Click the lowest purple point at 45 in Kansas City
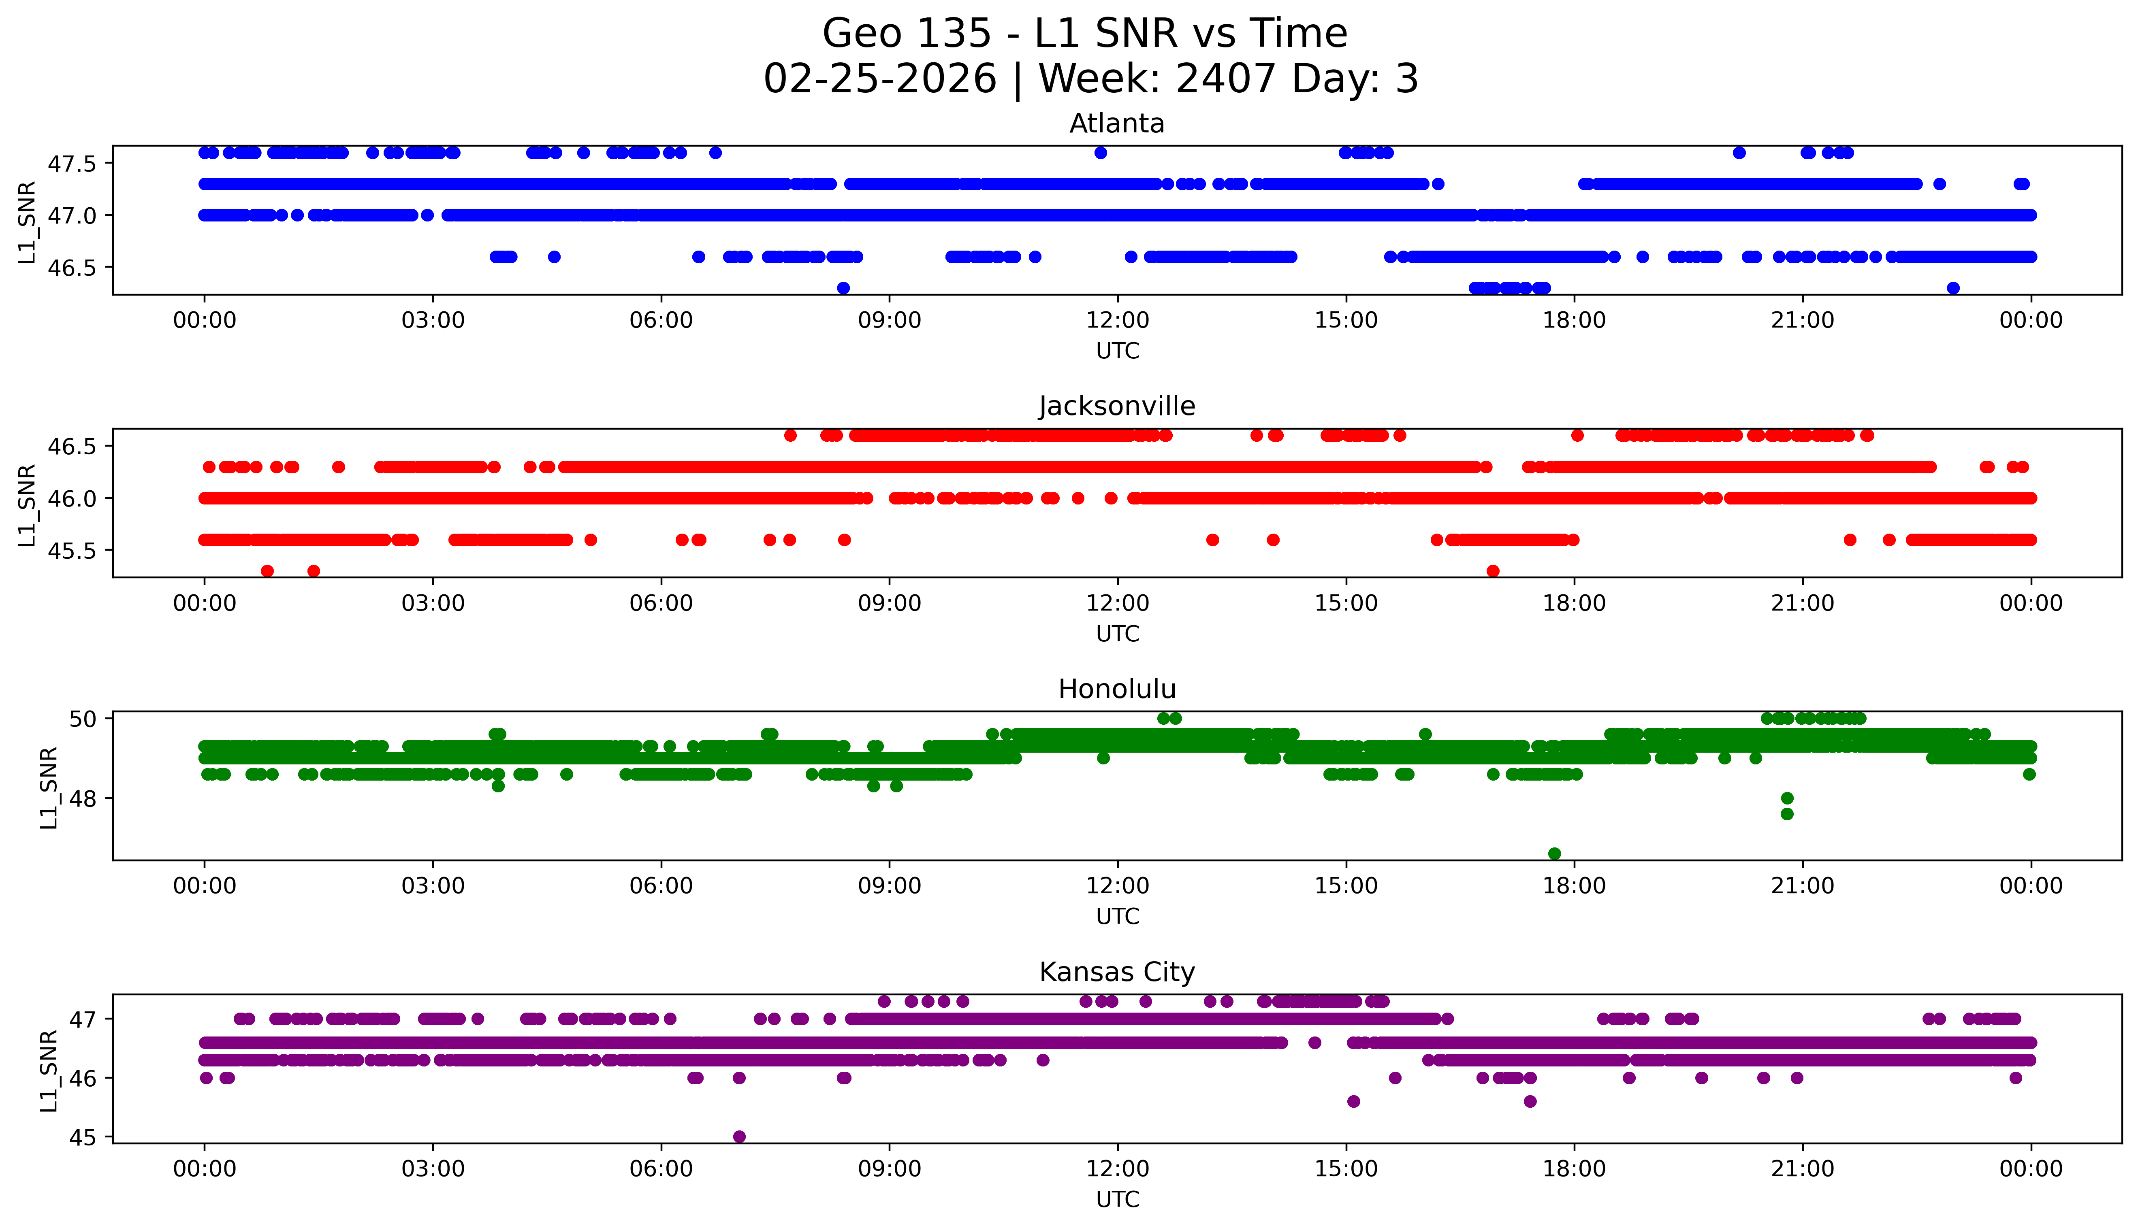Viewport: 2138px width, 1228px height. click(x=739, y=1136)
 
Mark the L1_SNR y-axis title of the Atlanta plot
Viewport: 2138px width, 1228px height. click(x=27, y=222)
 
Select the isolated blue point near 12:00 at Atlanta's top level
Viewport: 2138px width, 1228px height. click(x=1100, y=153)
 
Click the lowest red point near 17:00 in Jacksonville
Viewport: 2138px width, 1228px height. click(x=1493, y=571)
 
